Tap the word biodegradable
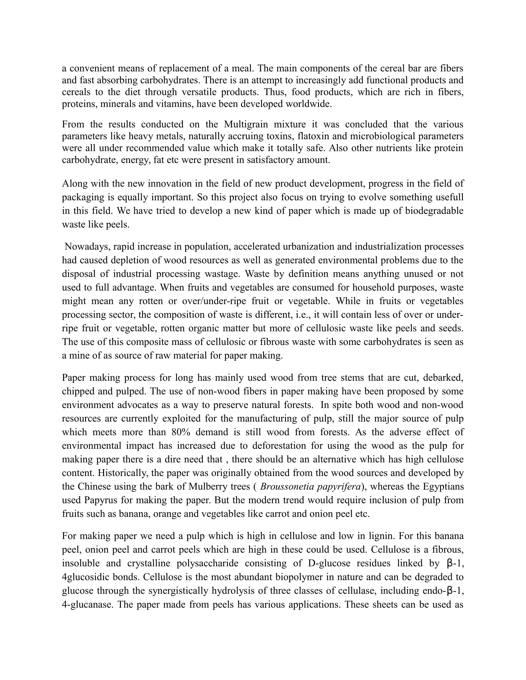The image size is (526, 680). [434, 211]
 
